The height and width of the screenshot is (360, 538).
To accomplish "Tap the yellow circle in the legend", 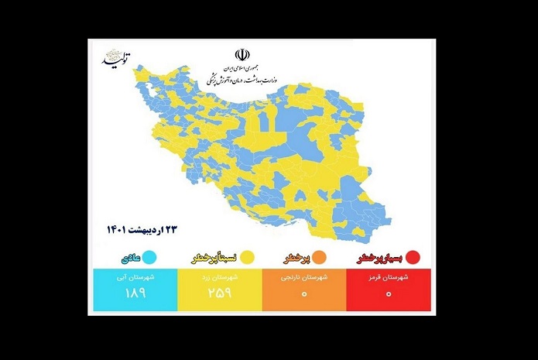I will (248, 256).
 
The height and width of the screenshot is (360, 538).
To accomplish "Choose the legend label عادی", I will (128, 257).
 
